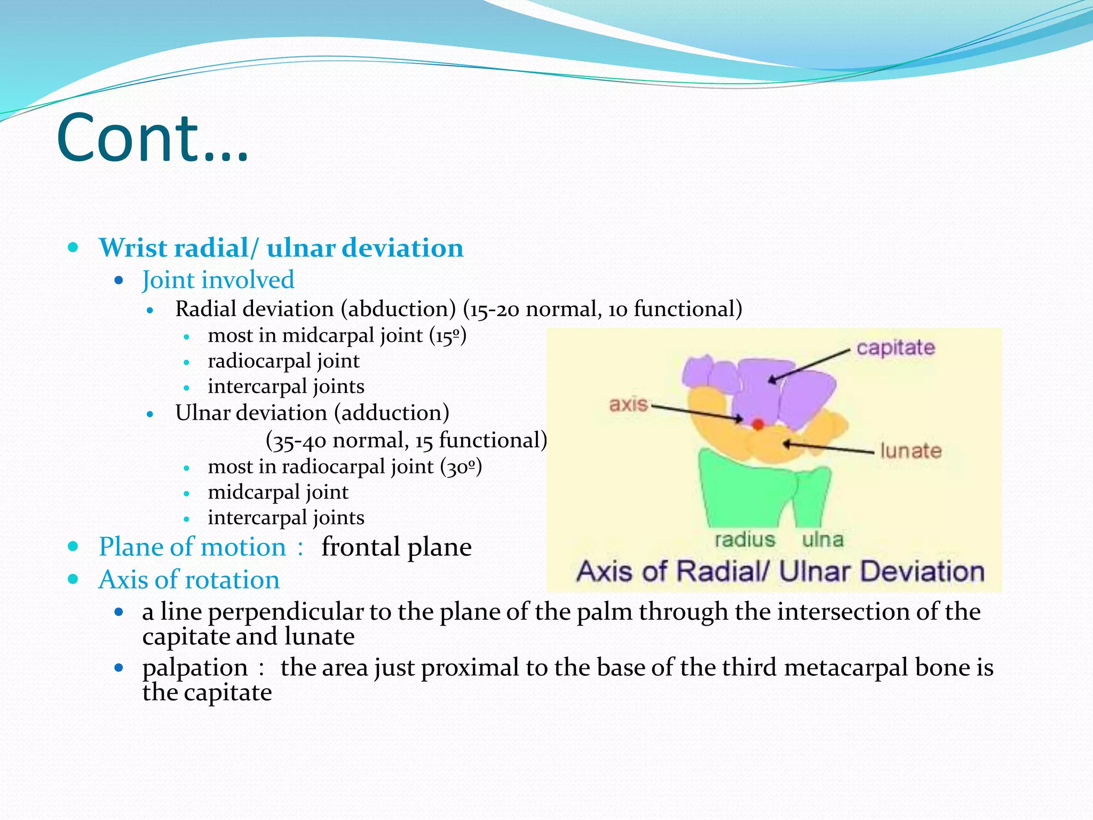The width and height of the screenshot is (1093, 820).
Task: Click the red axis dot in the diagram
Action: point(757,424)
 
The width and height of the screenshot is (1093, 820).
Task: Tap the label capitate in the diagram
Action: point(896,348)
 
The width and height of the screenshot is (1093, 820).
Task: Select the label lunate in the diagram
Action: point(910,451)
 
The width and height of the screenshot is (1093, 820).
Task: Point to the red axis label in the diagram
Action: point(628,404)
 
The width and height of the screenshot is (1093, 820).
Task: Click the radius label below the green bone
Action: point(744,539)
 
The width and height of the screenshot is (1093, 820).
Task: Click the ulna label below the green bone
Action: point(822,539)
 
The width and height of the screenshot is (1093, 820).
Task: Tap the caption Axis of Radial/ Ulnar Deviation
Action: point(780,571)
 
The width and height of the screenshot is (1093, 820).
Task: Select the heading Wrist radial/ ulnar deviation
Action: point(281,248)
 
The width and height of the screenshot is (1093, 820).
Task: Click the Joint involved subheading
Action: point(218,280)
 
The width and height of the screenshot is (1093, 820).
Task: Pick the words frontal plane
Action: point(396,547)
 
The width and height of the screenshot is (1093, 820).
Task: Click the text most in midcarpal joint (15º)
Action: point(337,336)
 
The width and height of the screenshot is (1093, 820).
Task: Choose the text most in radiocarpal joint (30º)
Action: point(344,467)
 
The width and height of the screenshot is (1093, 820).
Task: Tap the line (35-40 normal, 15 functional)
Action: point(406,440)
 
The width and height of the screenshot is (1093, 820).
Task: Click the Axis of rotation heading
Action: point(189,580)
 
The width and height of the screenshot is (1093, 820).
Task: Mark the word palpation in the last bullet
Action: point(195,668)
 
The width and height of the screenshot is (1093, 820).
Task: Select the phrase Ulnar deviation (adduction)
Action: point(312,413)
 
